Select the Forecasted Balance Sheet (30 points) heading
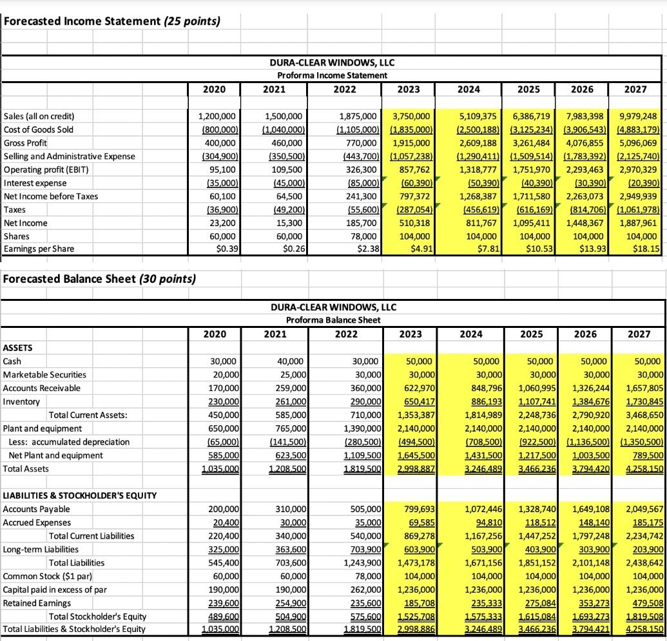pyautogui.click(x=100, y=279)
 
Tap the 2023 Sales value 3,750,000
pyautogui.click(x=411, y=117)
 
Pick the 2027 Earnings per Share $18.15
pyautogui.click(x=644, y=249)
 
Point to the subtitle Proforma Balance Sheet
pyautogui.click(x=333, y=320)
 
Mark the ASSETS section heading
pyautogui.click(x=19, y=348)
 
